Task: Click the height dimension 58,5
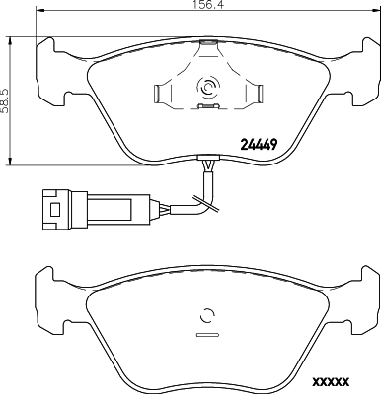[5, 98]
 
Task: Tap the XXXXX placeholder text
[332, 381]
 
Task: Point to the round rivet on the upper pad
[208, 88]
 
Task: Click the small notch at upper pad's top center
[207, 42]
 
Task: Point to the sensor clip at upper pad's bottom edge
[207, 158]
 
